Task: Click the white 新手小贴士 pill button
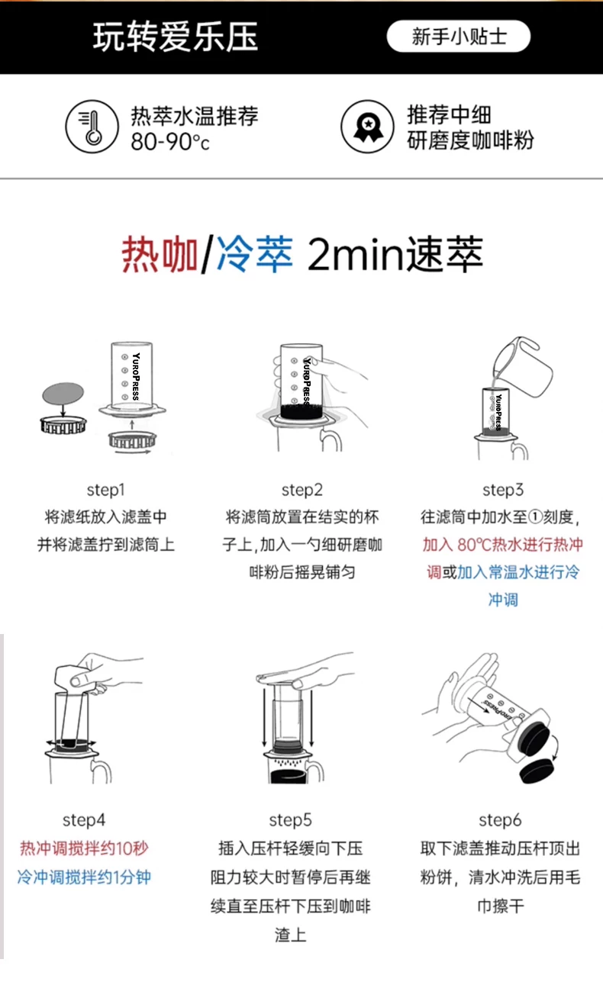pos(458,36)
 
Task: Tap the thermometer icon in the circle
pos(92,127)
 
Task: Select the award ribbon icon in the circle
pos(368,127)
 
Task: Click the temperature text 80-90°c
pos(169,142)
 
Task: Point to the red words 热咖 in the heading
pos(160,254)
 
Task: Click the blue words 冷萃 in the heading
pos(255,254)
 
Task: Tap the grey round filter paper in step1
pos(63,393)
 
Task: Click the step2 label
pos(302,489)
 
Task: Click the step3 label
pos(503,489)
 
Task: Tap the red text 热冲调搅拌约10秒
pos(84,848)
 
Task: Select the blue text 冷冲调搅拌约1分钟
pos(84,877)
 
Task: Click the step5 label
pos(290,819)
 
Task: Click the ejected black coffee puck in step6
pos(537,771)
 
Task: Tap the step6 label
pos(500,819)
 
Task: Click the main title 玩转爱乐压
pos(175,37)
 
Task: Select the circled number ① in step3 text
pos(535,517)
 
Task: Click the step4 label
pos(84,819)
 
